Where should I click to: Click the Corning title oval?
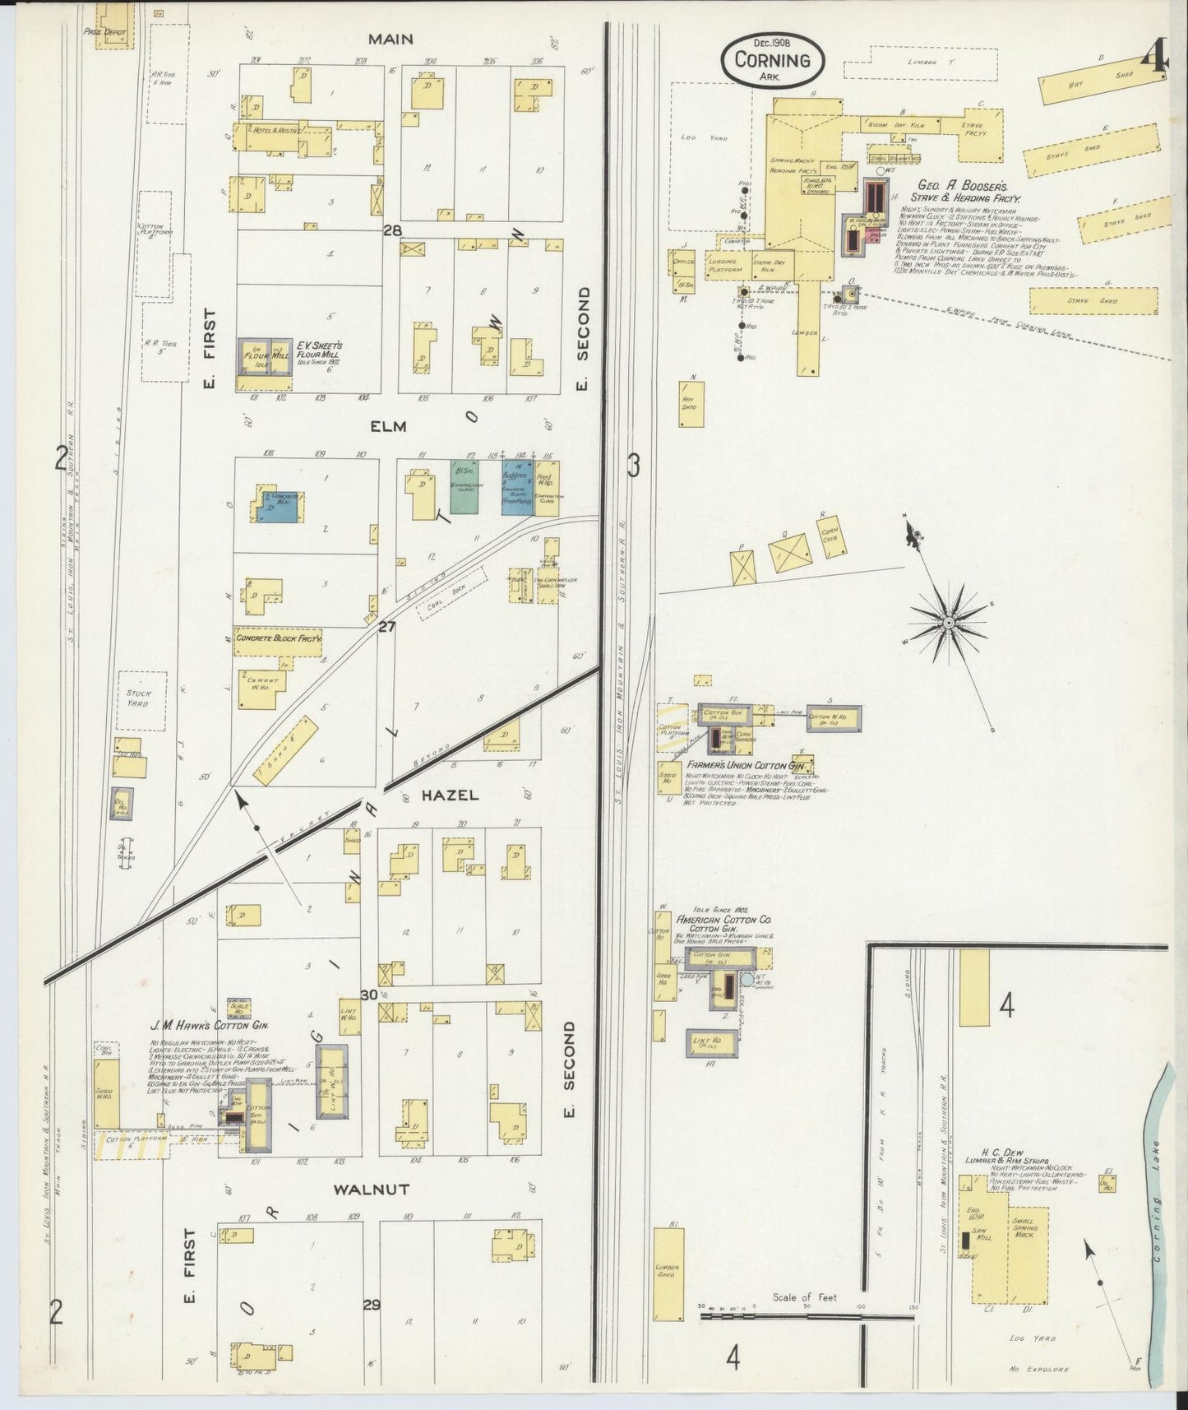(x=766, y=60)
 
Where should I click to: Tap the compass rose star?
(x=948, y=623)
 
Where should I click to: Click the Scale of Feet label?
(x=804, y=1297)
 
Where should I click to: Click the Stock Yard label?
(x=138, y=698)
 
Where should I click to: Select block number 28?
(x=392, y=231)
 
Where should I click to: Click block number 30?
(x=369, y=995)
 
